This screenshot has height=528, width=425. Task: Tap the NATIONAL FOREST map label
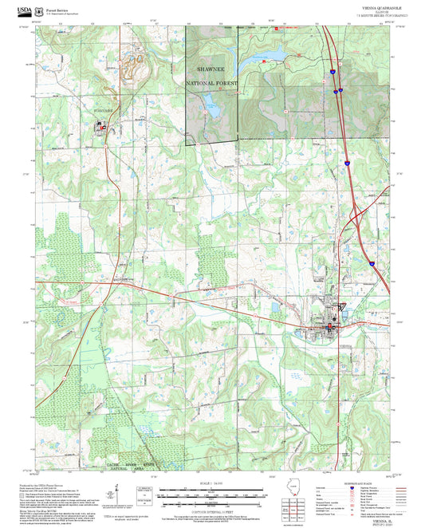[212, 83]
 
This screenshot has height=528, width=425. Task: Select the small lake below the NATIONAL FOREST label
[211, 102]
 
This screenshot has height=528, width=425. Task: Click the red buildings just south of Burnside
[101, 125]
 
